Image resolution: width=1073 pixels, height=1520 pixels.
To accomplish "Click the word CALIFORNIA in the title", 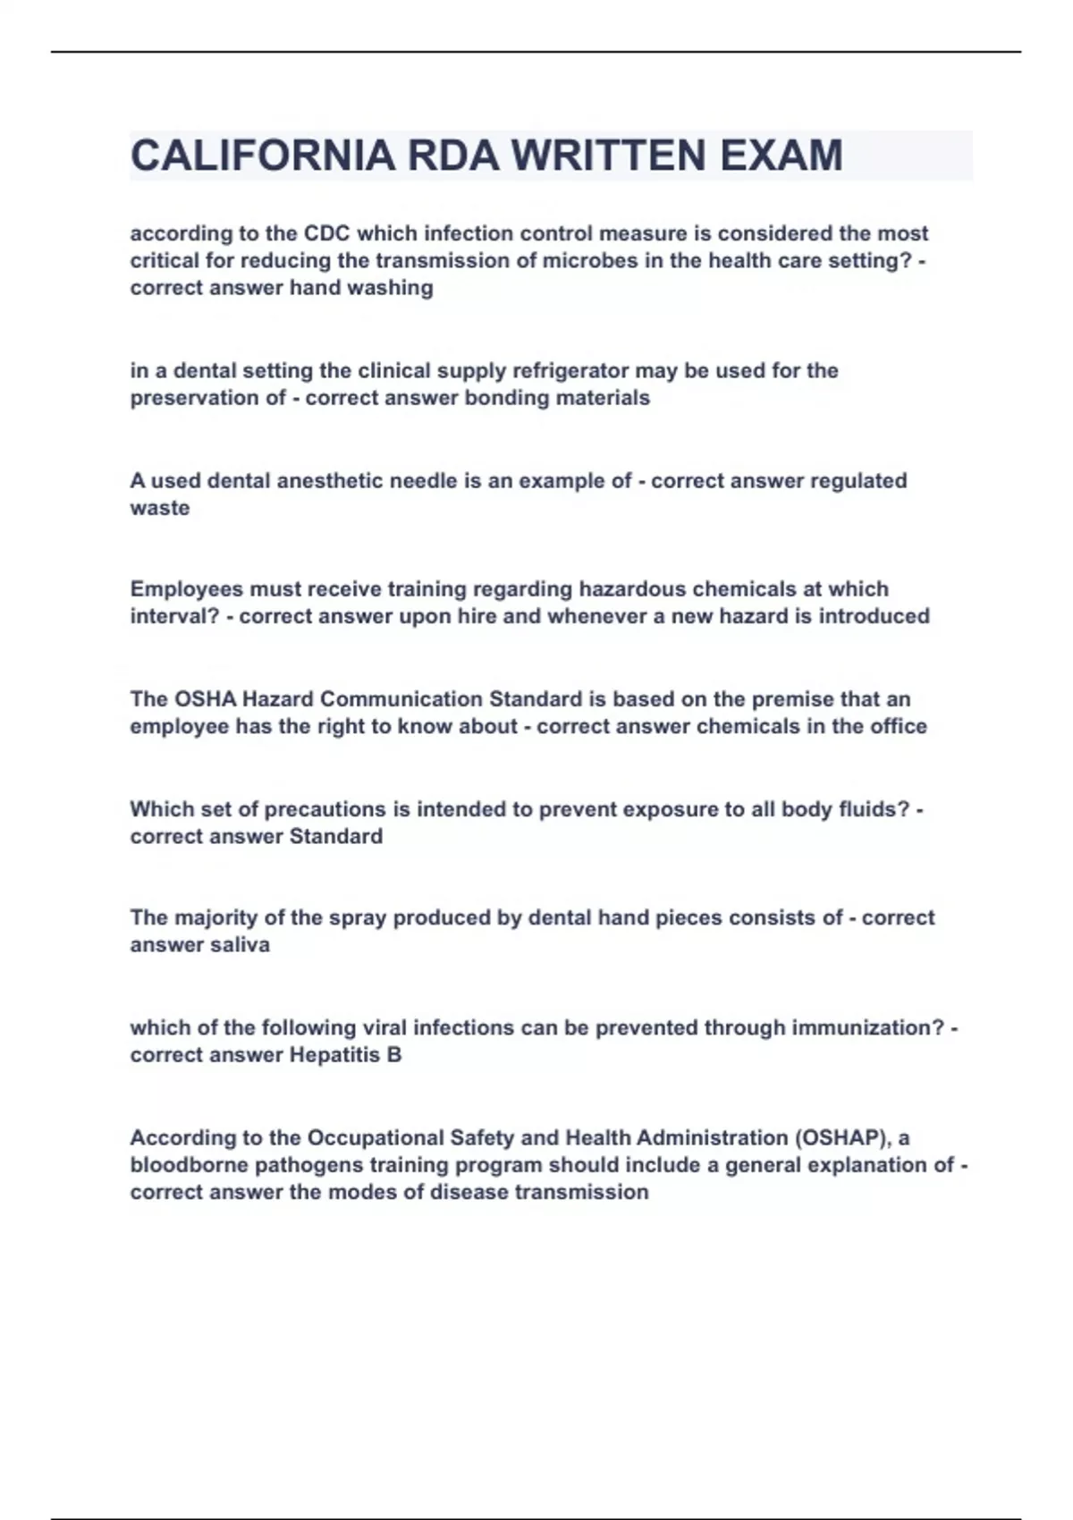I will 262,156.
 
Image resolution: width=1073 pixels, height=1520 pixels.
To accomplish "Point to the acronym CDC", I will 327,233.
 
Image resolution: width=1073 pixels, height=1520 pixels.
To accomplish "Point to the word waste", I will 160,508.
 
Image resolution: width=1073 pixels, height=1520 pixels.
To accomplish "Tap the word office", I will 899,726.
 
